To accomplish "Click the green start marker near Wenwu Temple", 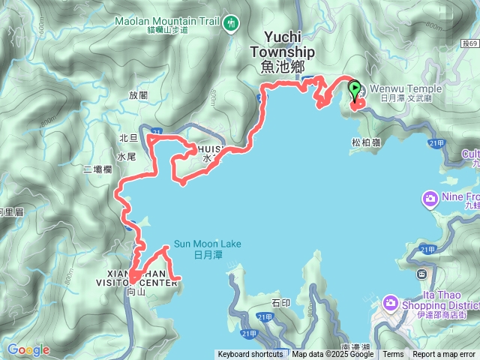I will (x=355, y=91).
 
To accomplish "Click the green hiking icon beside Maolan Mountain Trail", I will (x=231, y=23).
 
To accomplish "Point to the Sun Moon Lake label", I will (x=207, y=248).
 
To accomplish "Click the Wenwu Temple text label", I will (x=405, y=88).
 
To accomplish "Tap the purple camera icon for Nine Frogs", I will (x=431, y=199).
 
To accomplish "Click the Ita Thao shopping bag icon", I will (x=391, y=304).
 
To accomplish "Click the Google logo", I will (x=28, y=349).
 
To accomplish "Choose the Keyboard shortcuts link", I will (x=250, y=354).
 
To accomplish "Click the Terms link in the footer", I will (x=393, y=354).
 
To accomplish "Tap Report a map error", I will (x=444, y=354).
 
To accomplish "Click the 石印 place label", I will (x=280, y=304).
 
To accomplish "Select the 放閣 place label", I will (x=139, y=95).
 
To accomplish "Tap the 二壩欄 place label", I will (x=97, y=169).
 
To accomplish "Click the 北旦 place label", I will (x=128, y=138).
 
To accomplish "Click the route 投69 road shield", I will (x=470, y=44).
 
